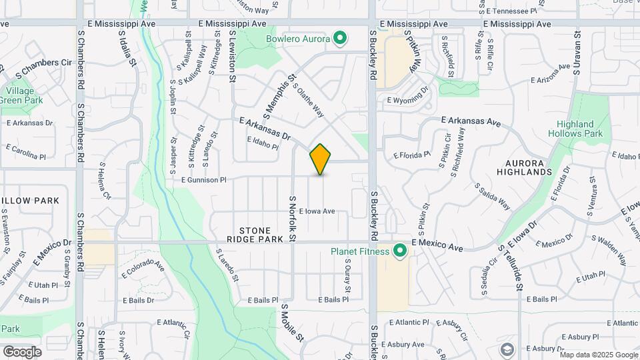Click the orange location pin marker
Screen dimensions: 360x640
[320, 159]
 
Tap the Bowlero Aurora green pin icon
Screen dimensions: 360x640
[340, 39]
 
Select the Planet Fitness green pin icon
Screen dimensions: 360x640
[399, 251]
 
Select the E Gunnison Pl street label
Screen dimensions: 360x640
[204, 180]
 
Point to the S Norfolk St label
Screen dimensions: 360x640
[291, 219]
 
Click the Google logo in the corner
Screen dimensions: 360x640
[22, 351]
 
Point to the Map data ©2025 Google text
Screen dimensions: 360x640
[598, 355]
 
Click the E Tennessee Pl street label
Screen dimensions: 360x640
[511, 11]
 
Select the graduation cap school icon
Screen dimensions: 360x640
[507, 349]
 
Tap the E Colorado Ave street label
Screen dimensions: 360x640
[143, 270]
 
